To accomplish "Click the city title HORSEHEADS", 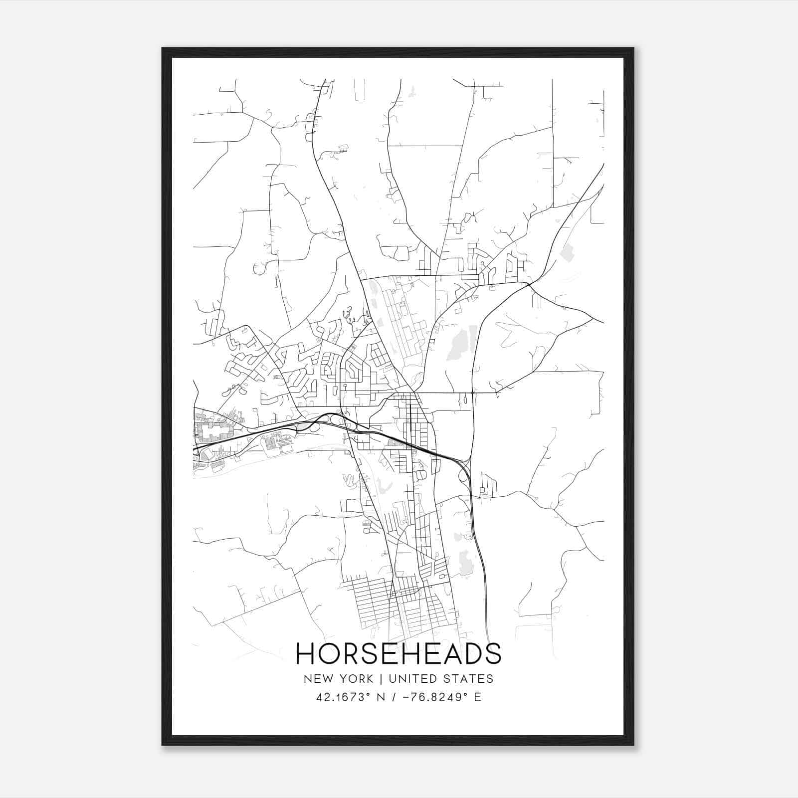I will point(399,653).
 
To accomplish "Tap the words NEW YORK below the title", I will point(338,679).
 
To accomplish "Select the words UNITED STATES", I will point(441,679).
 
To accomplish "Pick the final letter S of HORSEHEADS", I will point(493,653).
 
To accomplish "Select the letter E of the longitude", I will point(478,697).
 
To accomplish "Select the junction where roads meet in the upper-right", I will point(528,285).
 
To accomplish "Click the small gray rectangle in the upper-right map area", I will point(567,253).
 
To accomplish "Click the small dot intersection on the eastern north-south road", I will point(472,393).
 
